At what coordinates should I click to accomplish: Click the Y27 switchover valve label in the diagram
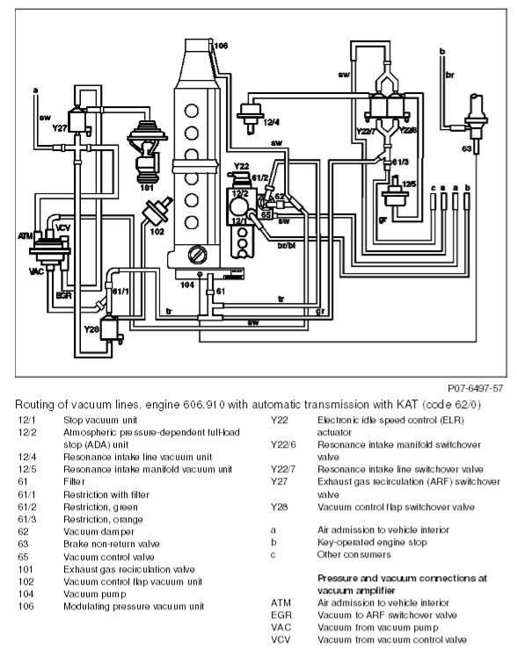click(59, 128)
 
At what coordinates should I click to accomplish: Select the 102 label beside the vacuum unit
click(157, 232)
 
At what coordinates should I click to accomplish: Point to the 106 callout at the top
click(221, 46)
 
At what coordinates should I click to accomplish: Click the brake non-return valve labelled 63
click(476, 123)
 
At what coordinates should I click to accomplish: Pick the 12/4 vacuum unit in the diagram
click(250, 116)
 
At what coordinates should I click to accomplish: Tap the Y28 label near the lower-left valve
click(91, 329)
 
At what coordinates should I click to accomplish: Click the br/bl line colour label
click(287, 246)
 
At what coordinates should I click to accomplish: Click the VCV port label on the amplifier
click(63, 227)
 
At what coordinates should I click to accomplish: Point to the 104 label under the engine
click(187, 284)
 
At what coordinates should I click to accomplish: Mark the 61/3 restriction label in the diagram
click(400, 162)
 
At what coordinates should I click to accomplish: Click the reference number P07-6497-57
click(476, 388)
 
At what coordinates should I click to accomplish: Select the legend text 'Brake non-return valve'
click(112, 544)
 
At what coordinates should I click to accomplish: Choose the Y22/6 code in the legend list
click(283, 444)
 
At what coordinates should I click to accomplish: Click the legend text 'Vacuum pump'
click(94, 594)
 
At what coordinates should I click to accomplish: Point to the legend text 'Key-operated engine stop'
click(372, 543)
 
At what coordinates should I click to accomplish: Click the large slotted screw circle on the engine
click(198, 255)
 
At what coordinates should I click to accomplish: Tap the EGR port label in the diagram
click(63, 296)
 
